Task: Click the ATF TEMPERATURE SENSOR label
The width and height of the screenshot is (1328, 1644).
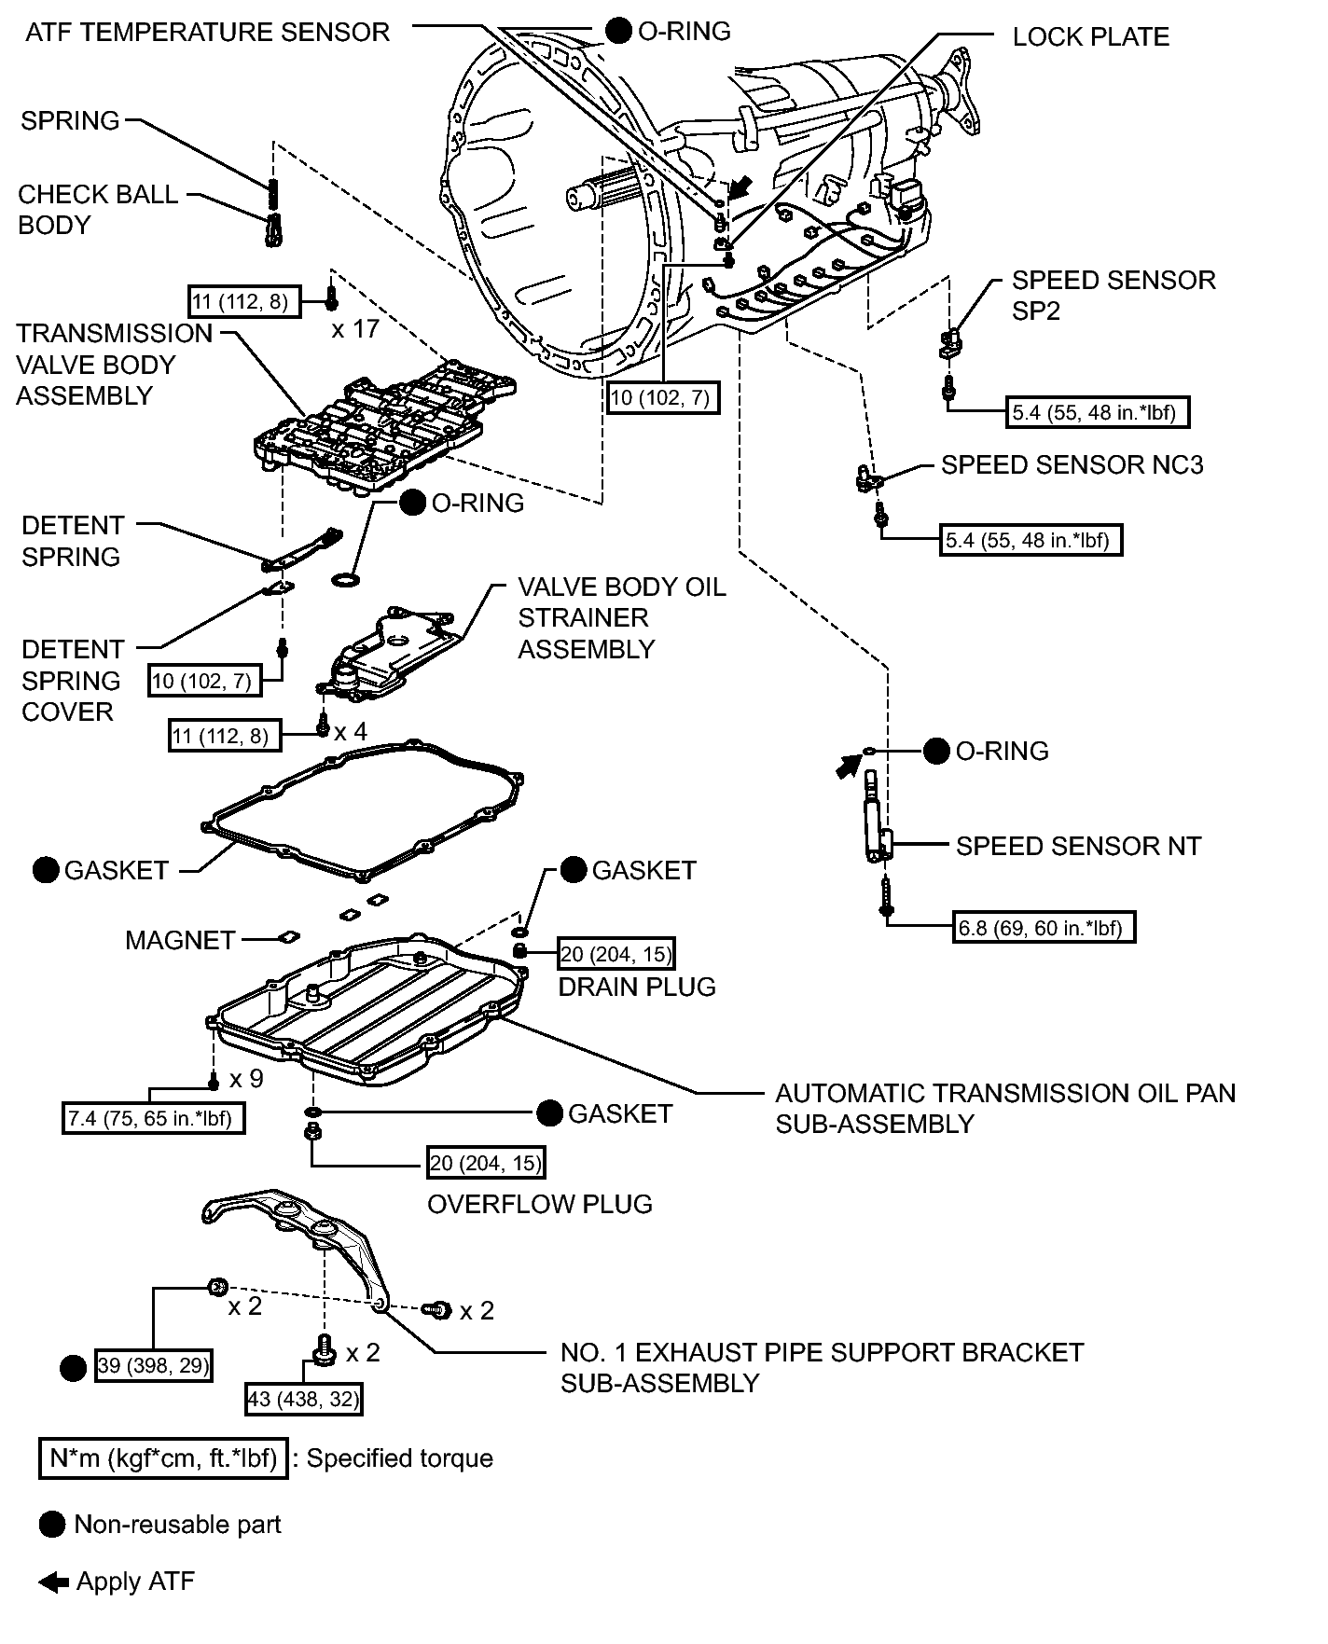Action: pyautogui.click(x=207, y=32)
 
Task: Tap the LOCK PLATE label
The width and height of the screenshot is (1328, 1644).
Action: pyautogui.click(x=1090, y=36)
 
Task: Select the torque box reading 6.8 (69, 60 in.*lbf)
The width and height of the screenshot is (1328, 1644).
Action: pyautogui.click(x=1044, y=928)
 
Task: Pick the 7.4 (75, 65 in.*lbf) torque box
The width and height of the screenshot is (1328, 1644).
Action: pyautogui.click(x=154, y=1117)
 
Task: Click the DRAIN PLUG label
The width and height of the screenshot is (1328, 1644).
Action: pyautogui.click(x=637, y=987)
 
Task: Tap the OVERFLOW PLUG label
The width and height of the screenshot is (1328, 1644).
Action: pyautogui.click(x=540, y=1204)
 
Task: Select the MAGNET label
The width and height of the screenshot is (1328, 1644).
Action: pyautogui.click(x=180, y=940)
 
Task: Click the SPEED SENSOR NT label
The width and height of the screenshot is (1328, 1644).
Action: pyautogui.click(x=1078, y=846)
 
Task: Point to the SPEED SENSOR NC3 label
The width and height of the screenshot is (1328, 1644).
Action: pyautogui.click(x=1072, y=464)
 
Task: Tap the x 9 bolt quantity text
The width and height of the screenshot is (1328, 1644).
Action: pyautogui.click(x=246, y=1079)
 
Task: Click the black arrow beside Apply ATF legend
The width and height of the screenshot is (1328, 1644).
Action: pyautogui.click(x=53, y=1582)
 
